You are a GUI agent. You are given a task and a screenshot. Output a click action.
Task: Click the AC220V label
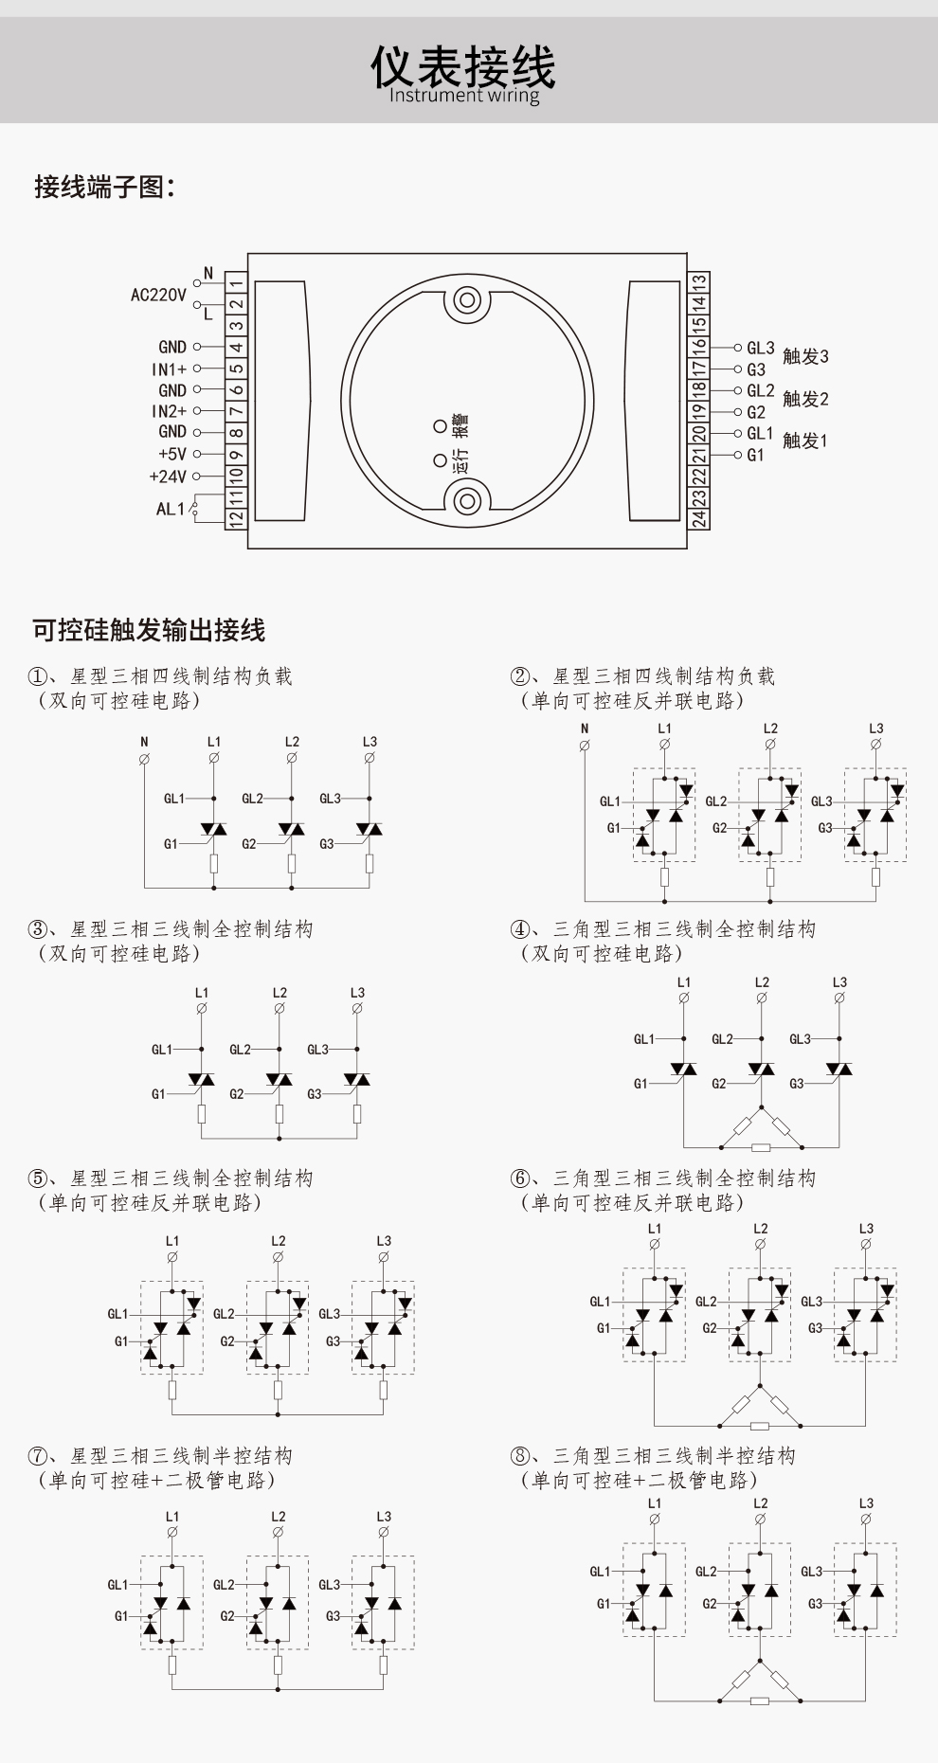[x=158, y=295]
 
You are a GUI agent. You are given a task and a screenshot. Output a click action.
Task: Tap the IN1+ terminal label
[x=170, y=369]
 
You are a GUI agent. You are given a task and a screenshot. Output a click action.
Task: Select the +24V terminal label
[x=168, y=477]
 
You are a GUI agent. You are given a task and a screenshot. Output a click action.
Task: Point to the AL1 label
[x=171, y=509]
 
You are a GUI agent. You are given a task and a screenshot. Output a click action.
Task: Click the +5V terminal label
[x=172, y=454]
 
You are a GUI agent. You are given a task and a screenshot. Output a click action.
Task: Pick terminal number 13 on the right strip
[x=698, y=283]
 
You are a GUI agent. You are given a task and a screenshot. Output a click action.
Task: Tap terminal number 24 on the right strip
[x=698, y=518]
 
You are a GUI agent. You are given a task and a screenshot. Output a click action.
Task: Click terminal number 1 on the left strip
[x=236, y=282]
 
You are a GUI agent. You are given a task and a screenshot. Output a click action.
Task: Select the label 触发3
[x=805, y=356]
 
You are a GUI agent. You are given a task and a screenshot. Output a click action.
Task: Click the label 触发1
[x=805, y=441]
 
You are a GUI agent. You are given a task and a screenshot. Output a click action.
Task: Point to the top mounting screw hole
[x=466, y=301]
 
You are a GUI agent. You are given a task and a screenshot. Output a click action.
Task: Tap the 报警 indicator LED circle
[x=440, y=426]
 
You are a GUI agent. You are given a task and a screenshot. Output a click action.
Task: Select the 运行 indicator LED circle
[x=440, y=460]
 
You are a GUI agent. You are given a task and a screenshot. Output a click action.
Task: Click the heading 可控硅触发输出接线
[x=149, y=630]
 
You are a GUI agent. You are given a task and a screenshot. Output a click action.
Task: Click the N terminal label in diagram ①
[x=144, y=742]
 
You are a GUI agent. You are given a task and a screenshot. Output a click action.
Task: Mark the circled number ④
[x=519, y=929]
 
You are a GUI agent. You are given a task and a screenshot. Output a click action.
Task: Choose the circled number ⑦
[x=37, y=1455]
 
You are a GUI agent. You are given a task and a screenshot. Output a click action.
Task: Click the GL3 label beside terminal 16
[x=760, y=348]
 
